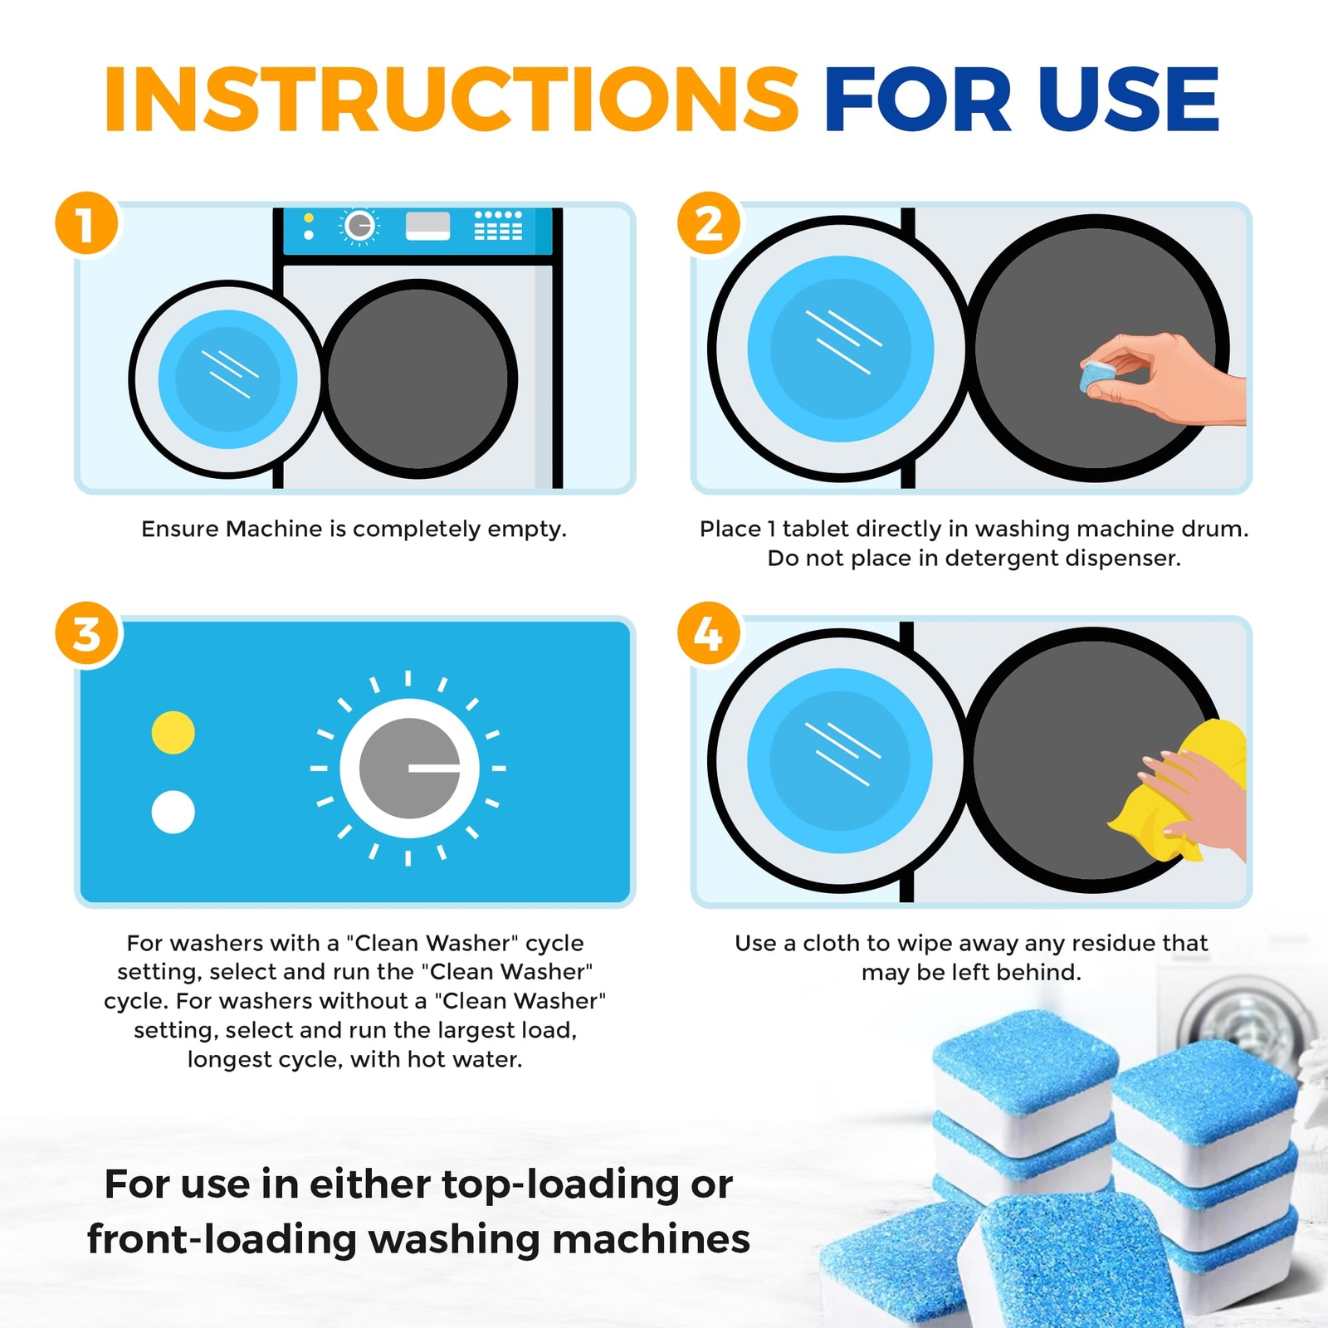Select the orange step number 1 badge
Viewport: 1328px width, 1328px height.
click(86, 224)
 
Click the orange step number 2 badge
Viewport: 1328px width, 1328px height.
click(709, 224)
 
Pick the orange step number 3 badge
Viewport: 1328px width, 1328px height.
click(86, 635)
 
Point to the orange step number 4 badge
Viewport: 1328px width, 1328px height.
click(709, 635)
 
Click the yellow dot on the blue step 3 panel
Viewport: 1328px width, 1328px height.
click(173, 733)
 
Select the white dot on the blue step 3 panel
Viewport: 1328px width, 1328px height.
click(173, 812)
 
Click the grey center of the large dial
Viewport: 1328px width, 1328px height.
click(398, 768)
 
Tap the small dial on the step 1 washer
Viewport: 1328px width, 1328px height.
click(359, 226)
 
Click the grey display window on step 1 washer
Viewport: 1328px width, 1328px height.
click(427, 226)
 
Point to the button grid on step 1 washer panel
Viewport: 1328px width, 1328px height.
click(498, 226)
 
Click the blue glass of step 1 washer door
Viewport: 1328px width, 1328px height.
click(227, 379)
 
